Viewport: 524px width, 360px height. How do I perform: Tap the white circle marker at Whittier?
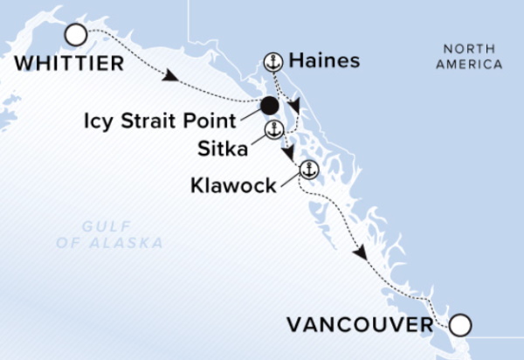(76, 35)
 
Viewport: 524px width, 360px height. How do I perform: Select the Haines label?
(323, 61)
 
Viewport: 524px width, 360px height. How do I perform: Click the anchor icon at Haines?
(272, 61)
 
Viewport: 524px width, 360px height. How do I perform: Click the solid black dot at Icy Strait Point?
(269, 107)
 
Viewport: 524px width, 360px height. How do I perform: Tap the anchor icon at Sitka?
(272, 131)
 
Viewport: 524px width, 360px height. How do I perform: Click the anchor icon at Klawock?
(307, 169)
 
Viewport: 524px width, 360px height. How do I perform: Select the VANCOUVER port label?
(358, 326)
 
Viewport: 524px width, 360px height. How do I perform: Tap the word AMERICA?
(472, 64)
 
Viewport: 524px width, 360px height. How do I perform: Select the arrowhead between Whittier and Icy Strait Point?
(172, 79)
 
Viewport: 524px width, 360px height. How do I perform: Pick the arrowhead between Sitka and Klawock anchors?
(287, 154)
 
